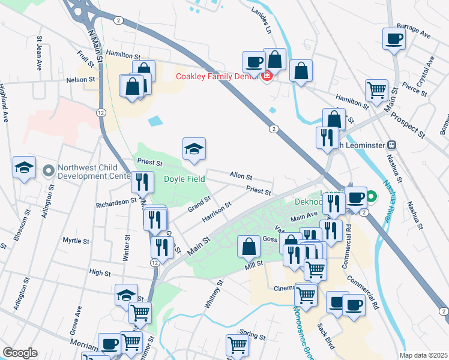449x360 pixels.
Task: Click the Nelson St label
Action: pyautogui.click(x=80, y=79)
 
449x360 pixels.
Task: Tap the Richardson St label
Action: pyautogui.click(x=116, y=203)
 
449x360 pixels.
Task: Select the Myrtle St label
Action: pyautogui.click(x=76, y=240)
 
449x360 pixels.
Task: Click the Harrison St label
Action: pyautogui.click(x=217, y=212)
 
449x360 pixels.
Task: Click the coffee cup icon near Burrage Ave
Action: pyautogui.click(x=394, y=39)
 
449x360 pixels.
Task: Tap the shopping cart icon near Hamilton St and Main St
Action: pyautogui.click(x=376, y=90)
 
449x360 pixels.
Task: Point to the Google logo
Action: pyautogui.click(x=20, y=353)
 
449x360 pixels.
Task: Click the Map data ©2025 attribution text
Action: pyautogui.click(x=423, y=355)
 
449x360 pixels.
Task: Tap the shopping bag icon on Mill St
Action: pyautogui.click(x=249, y=246)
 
